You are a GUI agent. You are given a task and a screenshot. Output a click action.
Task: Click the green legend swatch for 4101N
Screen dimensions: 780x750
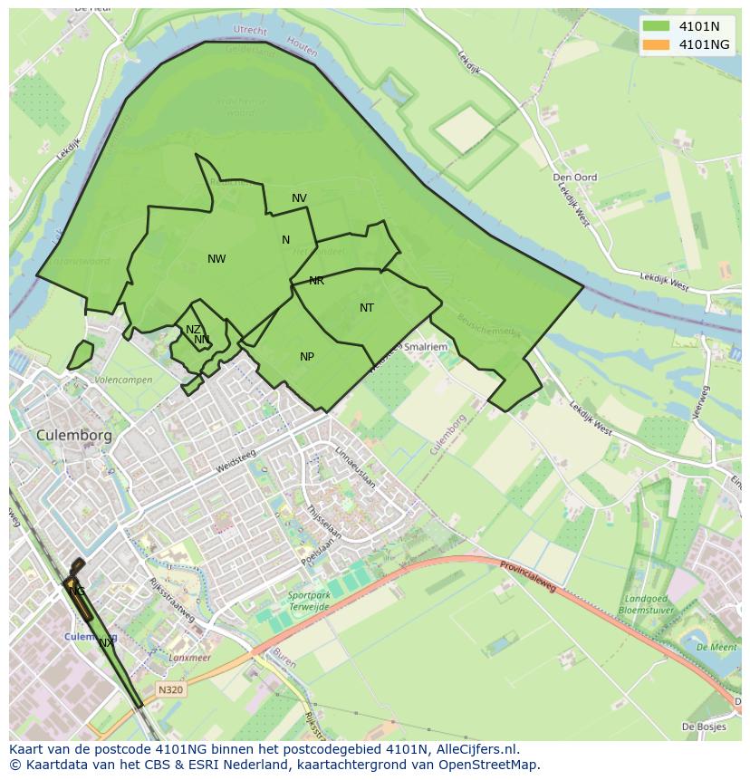[x=658, y=26]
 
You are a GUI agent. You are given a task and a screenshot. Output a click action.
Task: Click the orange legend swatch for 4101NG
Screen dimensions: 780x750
[x=658, y=44]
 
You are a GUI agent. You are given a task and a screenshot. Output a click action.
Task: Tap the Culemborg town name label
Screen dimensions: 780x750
[x=74, y=435]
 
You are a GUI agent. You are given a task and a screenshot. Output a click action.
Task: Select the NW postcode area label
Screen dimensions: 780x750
[x=216, y=259]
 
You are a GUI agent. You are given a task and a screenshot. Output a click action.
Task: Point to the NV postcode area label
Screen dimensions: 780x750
[x=299, y=198]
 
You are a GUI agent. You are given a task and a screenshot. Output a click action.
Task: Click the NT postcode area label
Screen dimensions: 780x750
[x=367, y=308]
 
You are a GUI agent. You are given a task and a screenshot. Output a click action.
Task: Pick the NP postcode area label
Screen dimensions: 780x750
[x=307, y=357]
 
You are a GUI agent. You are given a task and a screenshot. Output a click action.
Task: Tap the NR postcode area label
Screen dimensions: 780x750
[x=316, y=281]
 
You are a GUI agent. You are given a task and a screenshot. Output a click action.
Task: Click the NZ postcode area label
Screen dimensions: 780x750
[x=193, y=330]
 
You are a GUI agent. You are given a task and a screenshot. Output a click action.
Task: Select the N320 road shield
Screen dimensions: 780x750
[x=170, y=689]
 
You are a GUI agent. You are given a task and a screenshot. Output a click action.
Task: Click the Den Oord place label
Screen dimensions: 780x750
[x=575, y=178]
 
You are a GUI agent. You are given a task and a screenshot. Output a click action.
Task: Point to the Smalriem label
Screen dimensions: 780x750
[x=426, y=346]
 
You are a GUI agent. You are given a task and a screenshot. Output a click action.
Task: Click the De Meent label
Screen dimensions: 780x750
[x=716, y=647]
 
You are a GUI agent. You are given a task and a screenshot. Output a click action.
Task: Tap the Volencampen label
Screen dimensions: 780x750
[x=123, y=380]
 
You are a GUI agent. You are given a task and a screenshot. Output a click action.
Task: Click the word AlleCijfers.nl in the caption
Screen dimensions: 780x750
[x=477, y=749]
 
